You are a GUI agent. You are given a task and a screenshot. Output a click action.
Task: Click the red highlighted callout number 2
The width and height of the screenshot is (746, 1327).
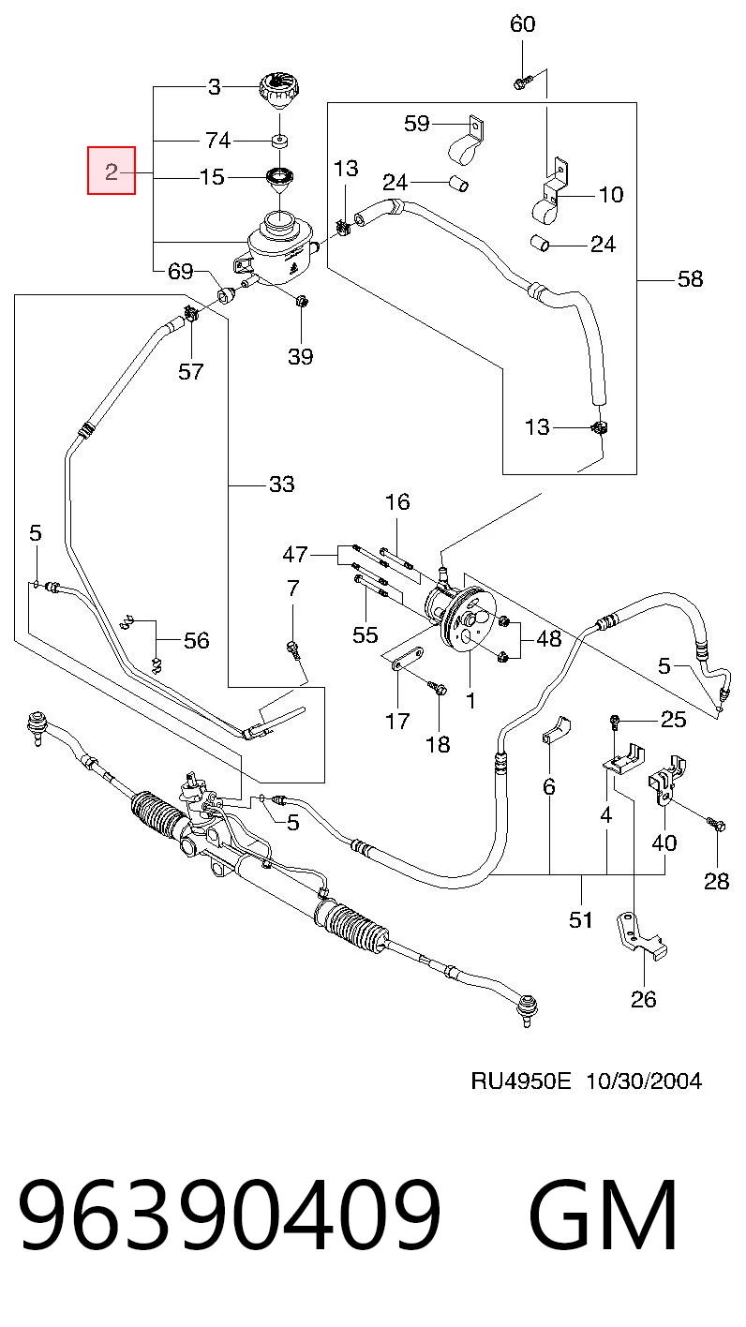(x=112, y=171)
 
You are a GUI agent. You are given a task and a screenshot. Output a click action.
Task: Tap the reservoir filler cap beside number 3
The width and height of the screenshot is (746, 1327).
(x=279, y=91)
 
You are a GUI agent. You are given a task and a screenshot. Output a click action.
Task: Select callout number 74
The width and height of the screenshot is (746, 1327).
(x=217, y=141)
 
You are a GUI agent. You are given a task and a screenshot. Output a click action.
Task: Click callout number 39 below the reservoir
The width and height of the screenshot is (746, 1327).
(x=301, y=356)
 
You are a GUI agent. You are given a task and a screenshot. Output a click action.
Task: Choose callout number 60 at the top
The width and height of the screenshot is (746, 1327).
(x=522, y=23)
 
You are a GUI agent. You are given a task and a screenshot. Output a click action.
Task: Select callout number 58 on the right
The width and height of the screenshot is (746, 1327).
(x=691, y=278)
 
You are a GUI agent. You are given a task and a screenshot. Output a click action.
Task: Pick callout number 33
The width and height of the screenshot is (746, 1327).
(x=281, y=484)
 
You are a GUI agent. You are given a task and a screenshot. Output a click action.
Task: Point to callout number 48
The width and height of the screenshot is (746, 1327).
(x=548, y=638)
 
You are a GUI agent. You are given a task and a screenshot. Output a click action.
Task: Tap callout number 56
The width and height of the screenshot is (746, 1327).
(x=196, y=640)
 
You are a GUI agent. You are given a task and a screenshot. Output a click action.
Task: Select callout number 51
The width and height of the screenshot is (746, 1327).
(x=581, y=920)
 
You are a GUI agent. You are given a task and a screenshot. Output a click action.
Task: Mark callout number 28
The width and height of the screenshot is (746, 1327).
(x=716, y=882)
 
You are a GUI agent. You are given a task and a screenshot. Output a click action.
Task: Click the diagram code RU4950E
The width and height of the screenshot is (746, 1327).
(x=521, y=1081)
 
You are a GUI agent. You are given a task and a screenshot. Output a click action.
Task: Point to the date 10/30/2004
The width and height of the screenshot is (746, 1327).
(x=644, y=1081)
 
